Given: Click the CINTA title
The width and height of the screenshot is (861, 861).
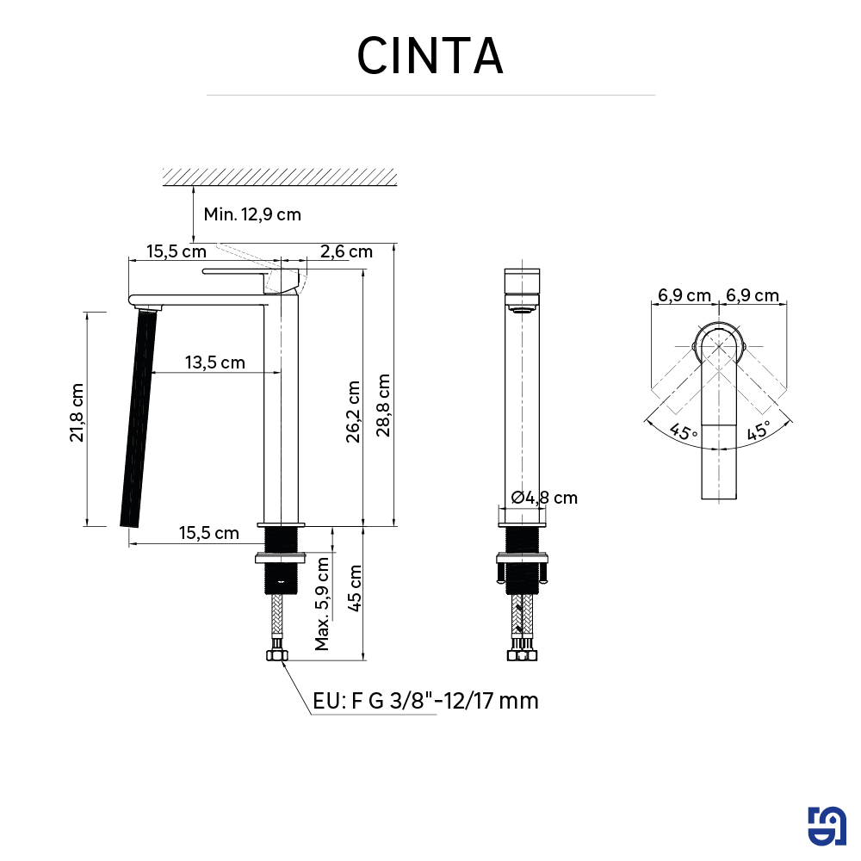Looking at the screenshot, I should [x=430, y=56].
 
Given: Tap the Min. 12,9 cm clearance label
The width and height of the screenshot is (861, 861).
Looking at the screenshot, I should [x=252, y=214].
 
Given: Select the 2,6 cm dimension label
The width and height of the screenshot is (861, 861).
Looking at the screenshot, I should [x=346, y=251].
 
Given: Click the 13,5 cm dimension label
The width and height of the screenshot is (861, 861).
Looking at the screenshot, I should [x=215, y=362].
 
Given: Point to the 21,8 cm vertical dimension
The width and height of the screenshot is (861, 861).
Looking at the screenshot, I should [x=77, y=412].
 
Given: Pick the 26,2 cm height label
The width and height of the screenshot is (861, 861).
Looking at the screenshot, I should [x=353, y=412].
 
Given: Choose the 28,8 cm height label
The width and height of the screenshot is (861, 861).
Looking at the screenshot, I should [x=383, y=405].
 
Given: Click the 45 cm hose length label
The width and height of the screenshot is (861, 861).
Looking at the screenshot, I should [x=353, y=588].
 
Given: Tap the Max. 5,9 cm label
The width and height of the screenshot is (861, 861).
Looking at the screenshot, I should [x=322, y=603].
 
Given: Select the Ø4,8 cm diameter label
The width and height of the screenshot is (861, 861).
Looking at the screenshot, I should [x=543, y=497].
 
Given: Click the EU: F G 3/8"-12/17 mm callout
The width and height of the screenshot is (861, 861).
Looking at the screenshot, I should [x=425, y=701].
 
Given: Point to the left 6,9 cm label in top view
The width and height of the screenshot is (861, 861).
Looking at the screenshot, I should [x=684, y=295].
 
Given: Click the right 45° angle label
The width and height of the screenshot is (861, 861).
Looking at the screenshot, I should [x=758, y=431].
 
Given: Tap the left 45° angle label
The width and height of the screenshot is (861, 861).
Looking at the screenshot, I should [x=684, y=431].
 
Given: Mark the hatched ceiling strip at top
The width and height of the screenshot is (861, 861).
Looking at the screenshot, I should [x=280, y=177].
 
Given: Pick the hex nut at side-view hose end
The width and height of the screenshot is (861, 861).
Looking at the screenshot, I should [x=277, y=657].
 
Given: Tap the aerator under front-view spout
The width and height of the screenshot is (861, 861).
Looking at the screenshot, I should [x=523, y=307].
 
